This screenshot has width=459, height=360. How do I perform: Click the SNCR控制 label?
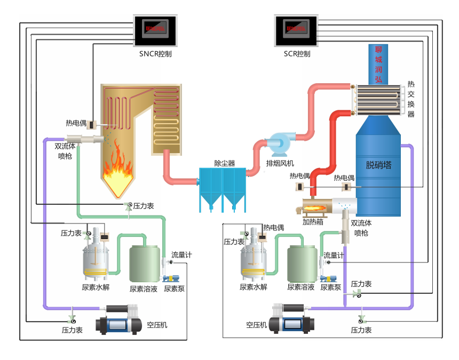155,54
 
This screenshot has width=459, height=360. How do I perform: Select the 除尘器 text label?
225,163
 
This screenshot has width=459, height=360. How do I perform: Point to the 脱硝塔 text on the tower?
378,165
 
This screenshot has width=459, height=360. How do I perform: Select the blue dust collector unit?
222,187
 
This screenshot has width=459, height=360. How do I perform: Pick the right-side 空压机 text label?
256,325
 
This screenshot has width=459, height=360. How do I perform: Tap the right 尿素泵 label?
331,287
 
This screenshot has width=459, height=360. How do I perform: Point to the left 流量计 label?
181,255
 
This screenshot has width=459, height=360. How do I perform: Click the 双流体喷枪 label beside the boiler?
65,150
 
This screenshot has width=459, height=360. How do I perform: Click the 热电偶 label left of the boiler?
76,123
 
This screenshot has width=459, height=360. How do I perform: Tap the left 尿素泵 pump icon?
171,278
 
